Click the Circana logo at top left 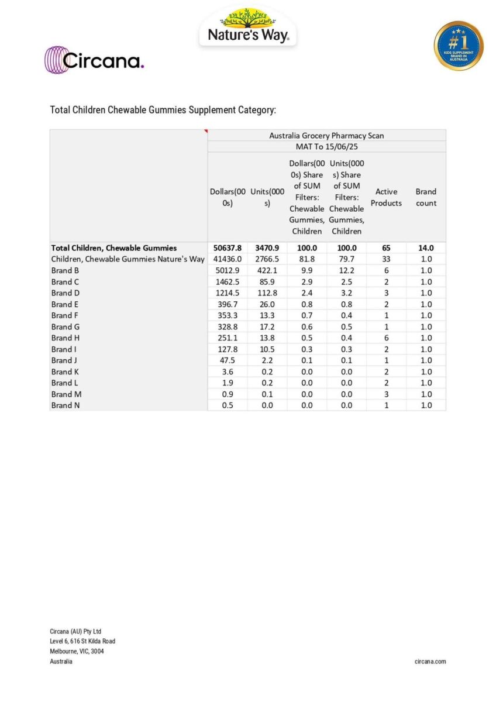pyautogui.click(x=94, y=60)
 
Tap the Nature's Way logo pyautogui.click(x=248, y=28)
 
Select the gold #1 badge pyautogui.click(x=459, y=46)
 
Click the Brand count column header pyautogui.click(x=426, y=197)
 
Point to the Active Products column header pyautogui.click(x=386, y=197)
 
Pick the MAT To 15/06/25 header pyautogui.click(x=326, y=146)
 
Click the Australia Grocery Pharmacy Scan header pyautogui.click(x=326, y=135)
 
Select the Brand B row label pyautogui.click(x=65, y=270)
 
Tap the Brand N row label pyautogui.click(x=65, y=405)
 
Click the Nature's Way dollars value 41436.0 pyautogui.click(x=227, y=259)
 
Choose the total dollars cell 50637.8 pyautogui.click(x=227, y=248)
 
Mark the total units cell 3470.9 pyautogui.click(x=267, y=248)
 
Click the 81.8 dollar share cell pyautogui.click(x=306, y=259)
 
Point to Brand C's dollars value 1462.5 pyautogui.click(x=227, y=281)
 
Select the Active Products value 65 pyautogui.click(x=386, y=248)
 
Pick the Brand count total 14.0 pyautogui.click(x=426, y=248)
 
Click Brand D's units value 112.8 pyautogui.click(x=267, y=292)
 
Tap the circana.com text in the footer pyautogui.click(x=430, y=662)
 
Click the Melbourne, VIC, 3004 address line pyautogui.click(x=77, y=651)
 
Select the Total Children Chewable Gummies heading pyautogui.click(x=163, y=110)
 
